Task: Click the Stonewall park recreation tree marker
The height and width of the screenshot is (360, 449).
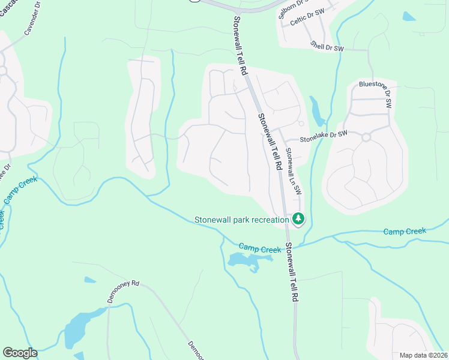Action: (x=298, y=219)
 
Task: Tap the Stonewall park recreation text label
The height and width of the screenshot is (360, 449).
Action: (x=242, y=220)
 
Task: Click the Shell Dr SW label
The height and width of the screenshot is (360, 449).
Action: (x=327, y=46)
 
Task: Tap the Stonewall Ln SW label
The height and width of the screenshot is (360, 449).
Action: (x=293, y=171)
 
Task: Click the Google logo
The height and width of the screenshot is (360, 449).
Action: (x=20, y=353)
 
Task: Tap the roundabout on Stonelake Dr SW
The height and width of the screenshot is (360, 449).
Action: (x=366, y=137)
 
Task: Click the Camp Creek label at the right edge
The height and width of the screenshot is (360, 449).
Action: (x=405, y=231)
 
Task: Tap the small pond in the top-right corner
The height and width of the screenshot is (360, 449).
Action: (x=409, y=17)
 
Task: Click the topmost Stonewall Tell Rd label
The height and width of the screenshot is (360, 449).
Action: (x=240, y=45)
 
